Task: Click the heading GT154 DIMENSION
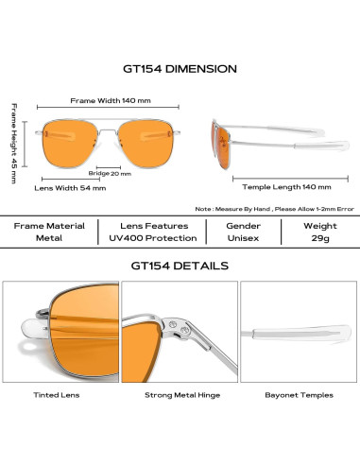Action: click(180, 69)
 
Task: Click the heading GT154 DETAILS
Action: click(180, 267)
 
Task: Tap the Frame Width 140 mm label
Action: click(111, 100)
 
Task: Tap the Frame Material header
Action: click(50, 226)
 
